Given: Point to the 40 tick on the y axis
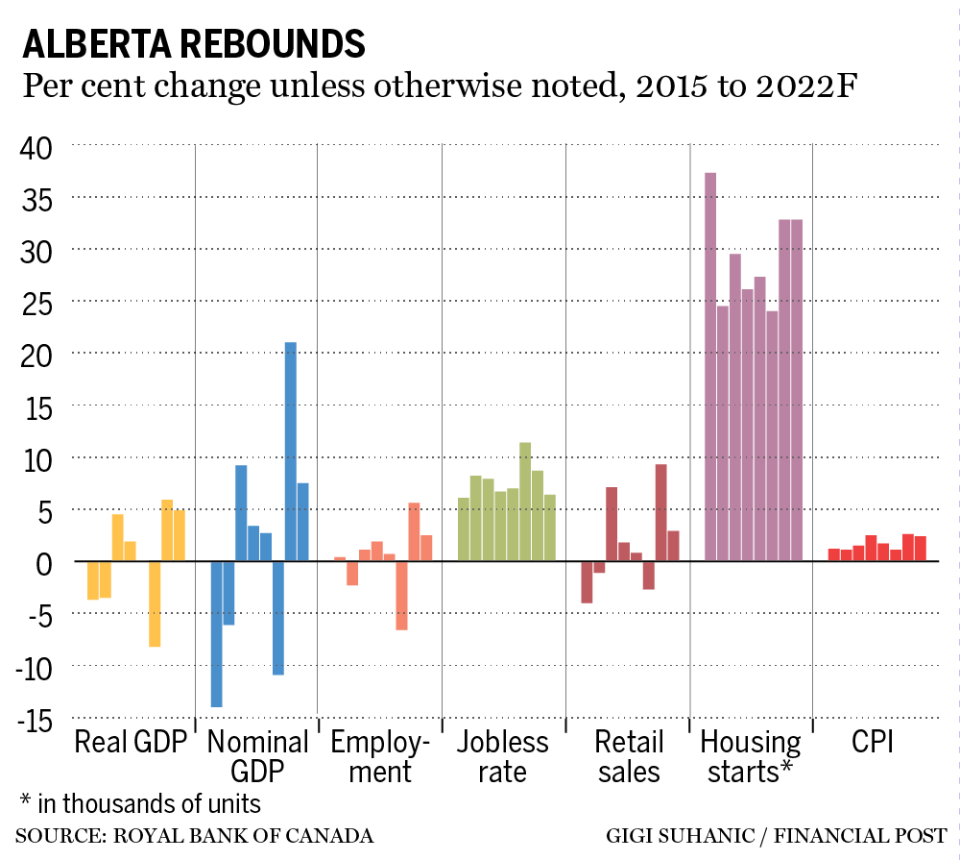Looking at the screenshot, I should click(x=39, y=147).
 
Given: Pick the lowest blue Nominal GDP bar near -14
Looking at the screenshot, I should click(x=216, y=634).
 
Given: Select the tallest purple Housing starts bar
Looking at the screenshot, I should click(x=710, y=366).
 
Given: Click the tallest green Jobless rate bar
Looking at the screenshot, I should click(x=525, y=501).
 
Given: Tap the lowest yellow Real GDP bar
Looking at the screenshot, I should click(x=154, y=603).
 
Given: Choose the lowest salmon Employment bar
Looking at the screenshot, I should click(x=401, y=595).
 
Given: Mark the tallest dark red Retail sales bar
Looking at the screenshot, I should click(x=660, y=512).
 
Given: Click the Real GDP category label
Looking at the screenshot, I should click(x=131, y=743).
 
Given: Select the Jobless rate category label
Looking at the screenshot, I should click(x=502, y=757).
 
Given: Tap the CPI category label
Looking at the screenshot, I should click(x=875, y=743).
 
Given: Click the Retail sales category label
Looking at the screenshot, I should click(x=628, y=757).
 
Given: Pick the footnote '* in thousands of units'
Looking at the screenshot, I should click(x=139, y=802).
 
